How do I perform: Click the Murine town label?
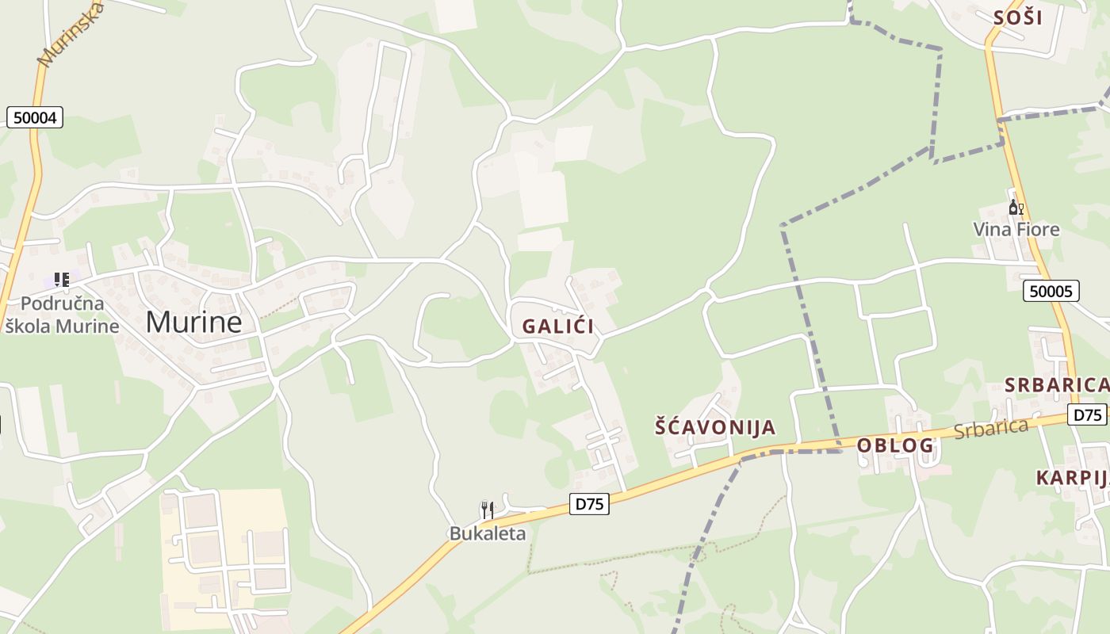(x=193, y=322)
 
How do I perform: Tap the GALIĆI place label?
(x=557, y=327)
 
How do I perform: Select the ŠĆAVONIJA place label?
(x=715, y=427)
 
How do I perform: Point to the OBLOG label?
(x=895, y=445)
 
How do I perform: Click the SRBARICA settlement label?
(x=1056, y=385)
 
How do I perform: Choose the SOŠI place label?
(x=1017, y=17)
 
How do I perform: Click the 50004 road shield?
(x=35, y=118)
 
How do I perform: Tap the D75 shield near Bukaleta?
(x=589, y=503)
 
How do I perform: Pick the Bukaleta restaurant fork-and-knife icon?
(x=488, y=510)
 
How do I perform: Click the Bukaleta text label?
(x=488, y=533)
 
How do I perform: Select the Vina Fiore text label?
(x=1016, y=230)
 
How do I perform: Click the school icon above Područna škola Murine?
(x=62, y=279)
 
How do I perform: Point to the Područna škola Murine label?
(x=62, y=315)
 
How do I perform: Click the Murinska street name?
(x=71, y=36)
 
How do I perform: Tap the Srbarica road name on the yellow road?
(x=990, y=429)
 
